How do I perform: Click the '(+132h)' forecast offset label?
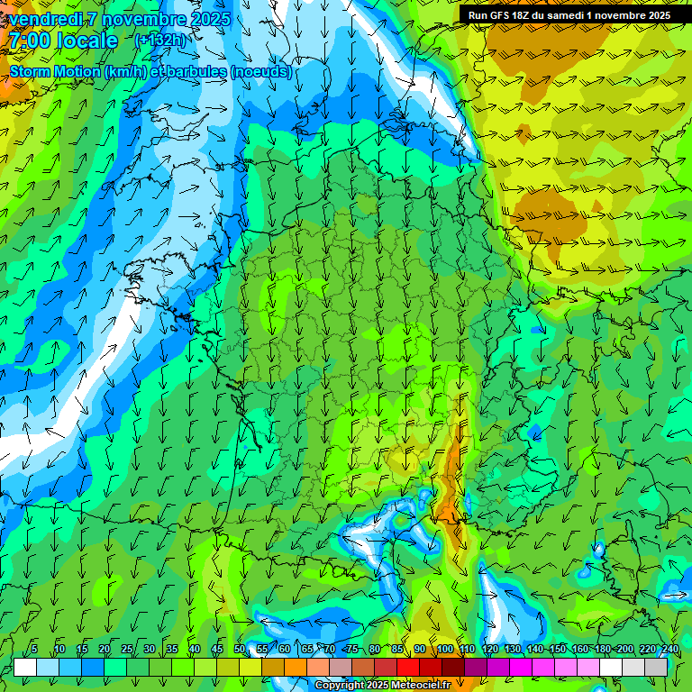pos(159,41)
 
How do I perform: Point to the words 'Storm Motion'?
pos(56,72)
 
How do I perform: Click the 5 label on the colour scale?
pos(34,650)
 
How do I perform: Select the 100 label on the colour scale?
pos(444,650)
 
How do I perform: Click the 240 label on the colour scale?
pos(669,650)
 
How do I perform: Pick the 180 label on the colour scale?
pos(602,650)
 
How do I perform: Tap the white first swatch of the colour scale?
pos(25,668)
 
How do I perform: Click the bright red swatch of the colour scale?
pos(408,668)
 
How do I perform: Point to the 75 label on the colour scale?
pos(352,650)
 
